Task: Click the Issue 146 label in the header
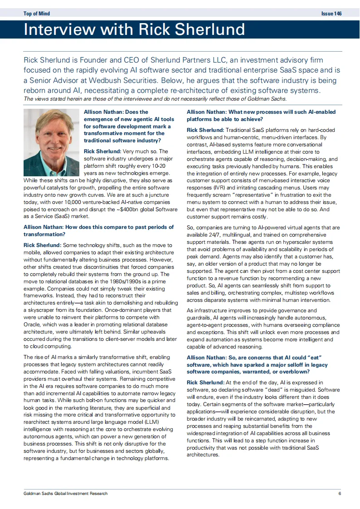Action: click(x=331, y=14)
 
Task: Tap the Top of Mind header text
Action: click(x=36, y=14)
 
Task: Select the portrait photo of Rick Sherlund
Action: click(x=52, y=142)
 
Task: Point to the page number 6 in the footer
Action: click(x=339, y=494)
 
